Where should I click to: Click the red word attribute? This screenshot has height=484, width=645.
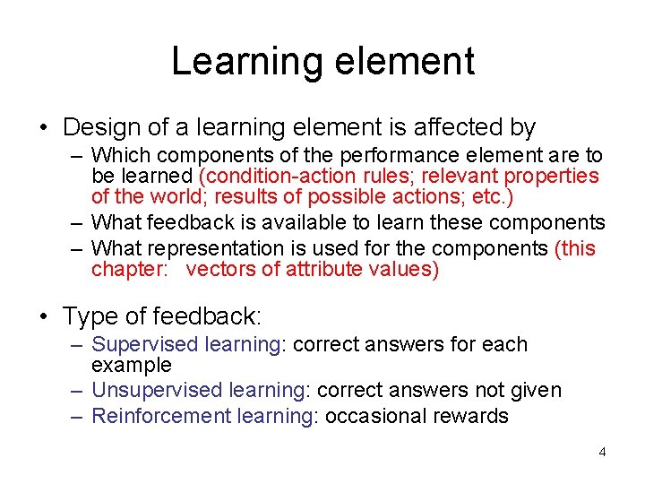point(326,269)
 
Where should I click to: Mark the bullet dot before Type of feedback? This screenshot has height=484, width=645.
point(44,316)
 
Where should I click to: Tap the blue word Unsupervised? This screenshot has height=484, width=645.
point(157,390)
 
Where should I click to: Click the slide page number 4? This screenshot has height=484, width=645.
point(602,452)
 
